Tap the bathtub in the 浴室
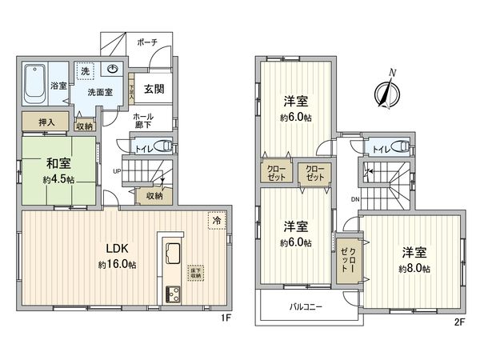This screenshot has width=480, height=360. (34, 82)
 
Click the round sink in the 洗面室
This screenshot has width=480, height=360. (114, 69)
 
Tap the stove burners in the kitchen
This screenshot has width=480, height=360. (174, 294)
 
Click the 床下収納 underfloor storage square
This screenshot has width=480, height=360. (194, 273)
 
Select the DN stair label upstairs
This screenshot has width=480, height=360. (354, 199)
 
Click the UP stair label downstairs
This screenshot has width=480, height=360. (118, 171)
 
